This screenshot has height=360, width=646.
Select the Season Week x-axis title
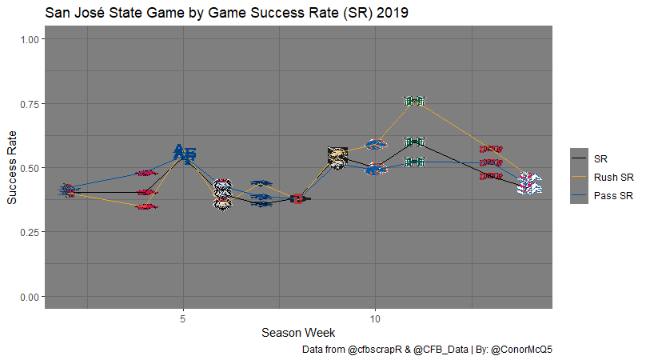298,332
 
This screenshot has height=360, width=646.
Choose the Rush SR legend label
615,177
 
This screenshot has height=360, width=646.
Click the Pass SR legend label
615,195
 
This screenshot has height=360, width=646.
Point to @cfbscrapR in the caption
375,350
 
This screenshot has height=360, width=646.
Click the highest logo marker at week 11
413,101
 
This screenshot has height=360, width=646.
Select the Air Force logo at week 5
185,153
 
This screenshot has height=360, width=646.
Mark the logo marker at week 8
298,198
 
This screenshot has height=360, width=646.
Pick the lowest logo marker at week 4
146,206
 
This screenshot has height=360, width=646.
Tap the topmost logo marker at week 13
490,149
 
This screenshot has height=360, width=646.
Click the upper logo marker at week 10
376,145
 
